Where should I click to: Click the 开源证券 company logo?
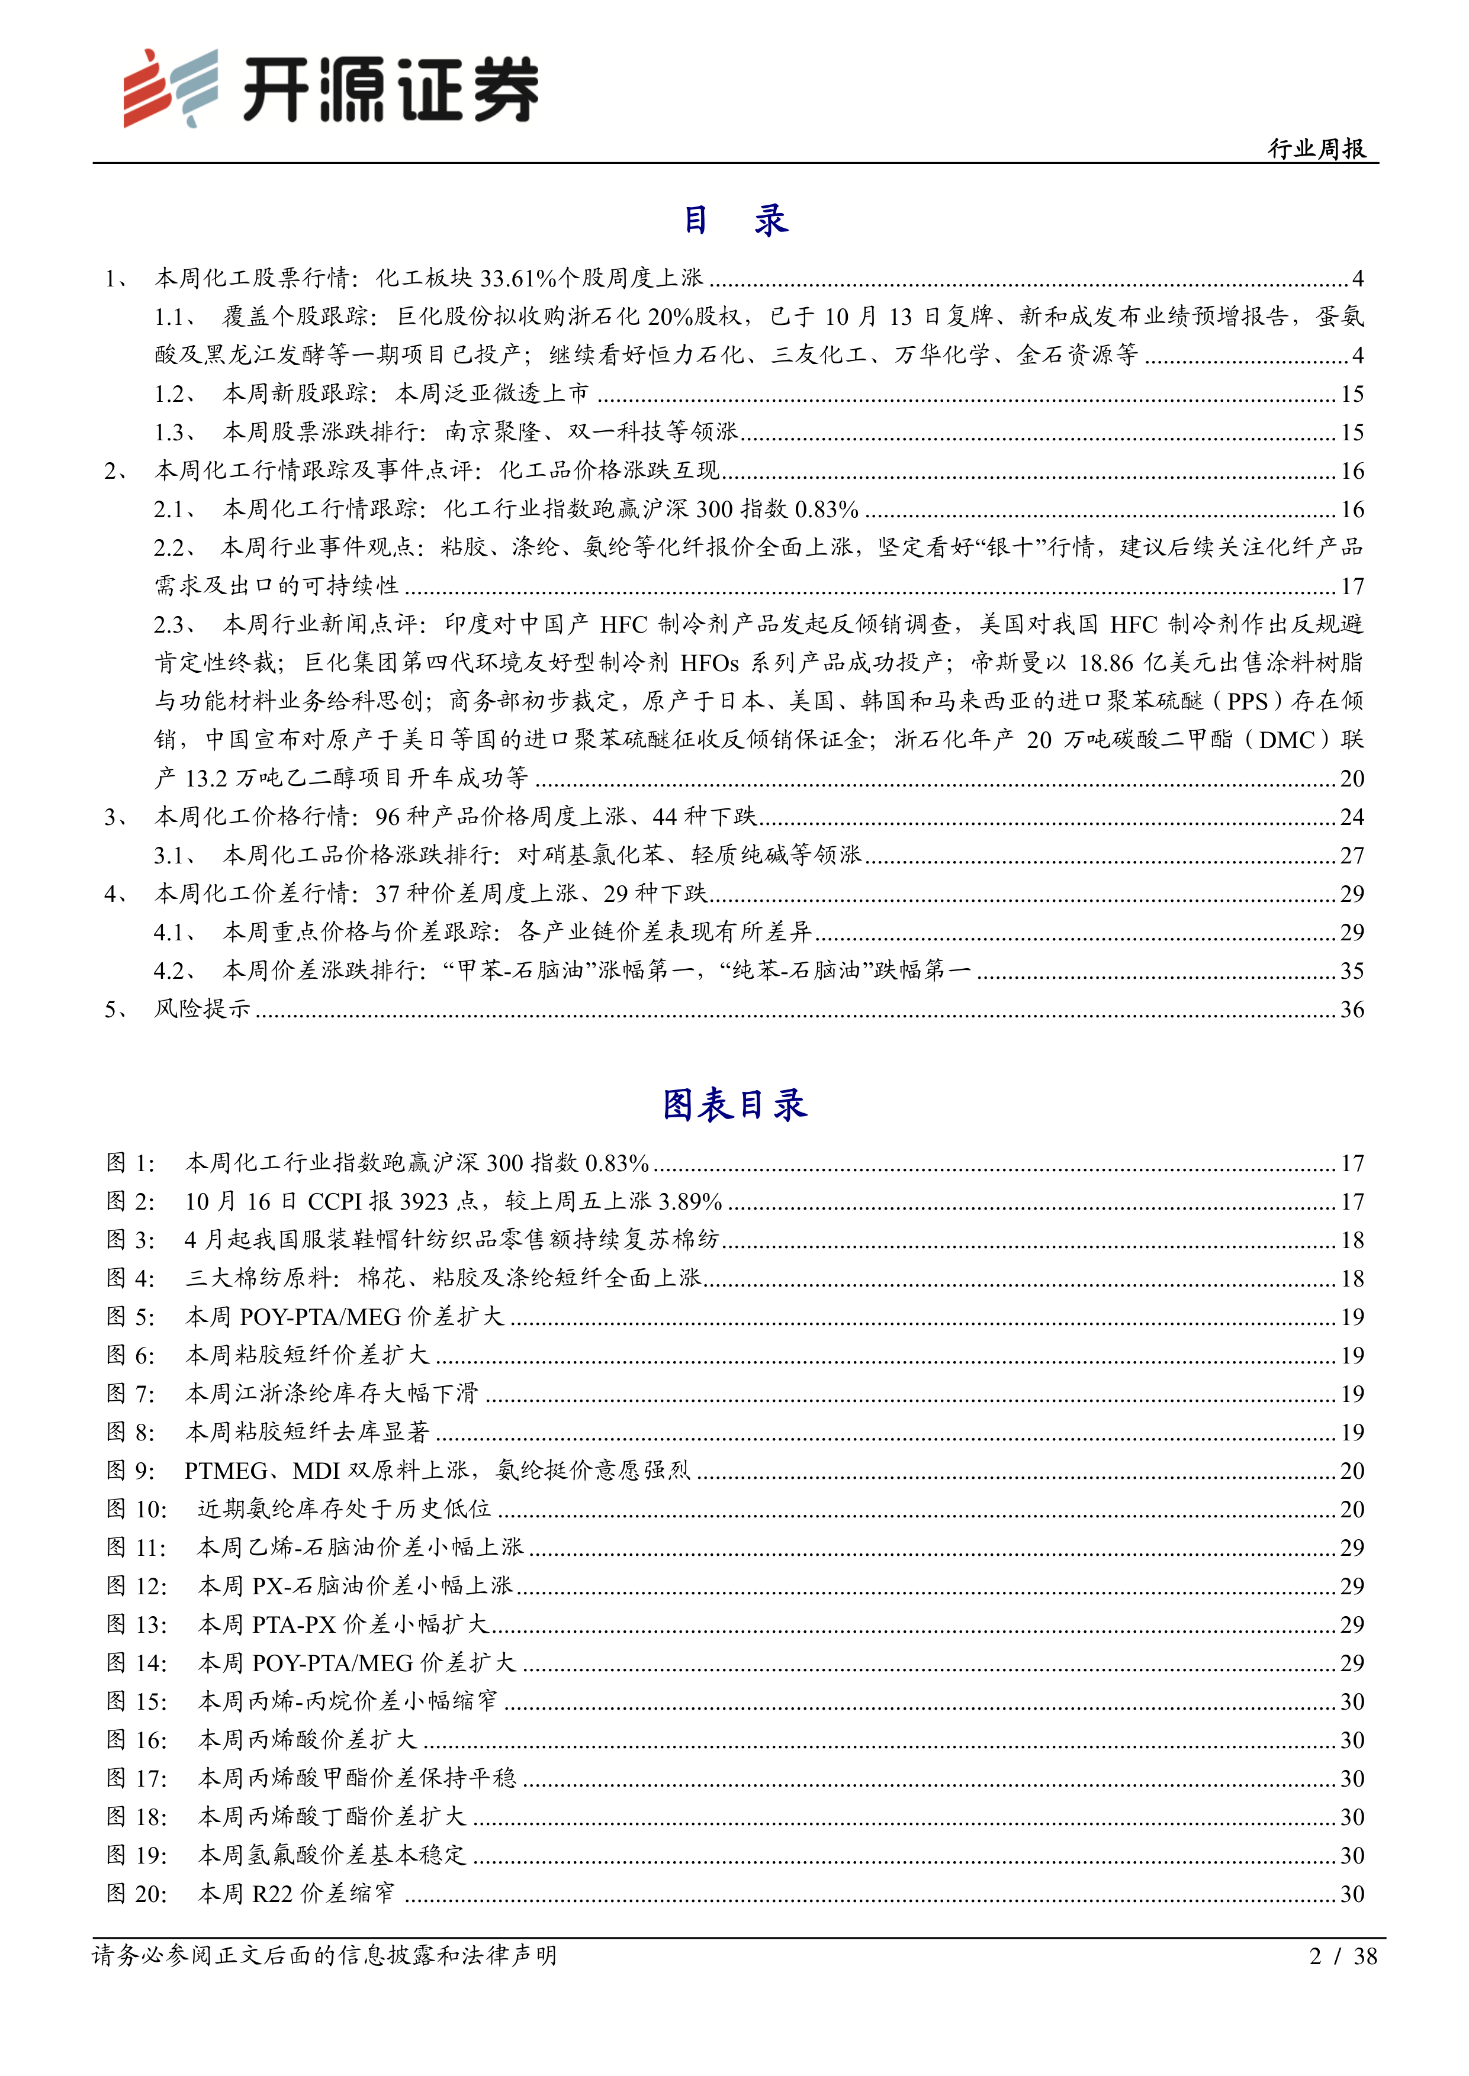[x=331, y=89]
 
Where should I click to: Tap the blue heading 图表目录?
[x=734, y=1105]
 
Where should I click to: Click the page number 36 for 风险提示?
[x=1351, y=1009]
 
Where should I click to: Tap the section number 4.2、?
[x=175, y=971]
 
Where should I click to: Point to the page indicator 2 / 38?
[x=1342, y=1956]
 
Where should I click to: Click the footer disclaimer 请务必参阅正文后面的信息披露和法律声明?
[x=324, y=1956]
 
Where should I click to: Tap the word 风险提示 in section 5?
[x=202, y=1009]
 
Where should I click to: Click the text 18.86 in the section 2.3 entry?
[x=1105, y=663]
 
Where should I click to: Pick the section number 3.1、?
[x=175, y=855]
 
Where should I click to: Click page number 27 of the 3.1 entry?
[x=1351, y=855]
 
